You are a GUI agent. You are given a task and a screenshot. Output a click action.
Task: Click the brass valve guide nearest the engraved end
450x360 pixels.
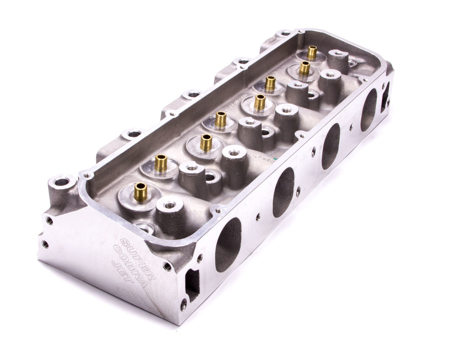click(x=140, y=192)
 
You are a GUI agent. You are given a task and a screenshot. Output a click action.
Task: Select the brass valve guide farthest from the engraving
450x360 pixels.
click(x=312, y=52)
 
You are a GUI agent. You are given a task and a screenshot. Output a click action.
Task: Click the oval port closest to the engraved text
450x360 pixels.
click(x=228, y=244)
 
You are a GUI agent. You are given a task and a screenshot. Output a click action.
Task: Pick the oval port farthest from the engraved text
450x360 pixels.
click(x=369, y=110)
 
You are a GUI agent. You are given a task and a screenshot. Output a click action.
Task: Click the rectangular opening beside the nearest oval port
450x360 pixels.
click(x=192, y=284)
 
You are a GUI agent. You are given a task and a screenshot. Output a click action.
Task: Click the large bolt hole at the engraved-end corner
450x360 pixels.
click(x=62, y=182)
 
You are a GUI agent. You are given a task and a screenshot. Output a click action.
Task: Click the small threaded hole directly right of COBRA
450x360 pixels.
click(x=167, y=266)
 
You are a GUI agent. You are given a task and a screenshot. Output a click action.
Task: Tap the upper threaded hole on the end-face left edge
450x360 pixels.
click(x=49, y=220)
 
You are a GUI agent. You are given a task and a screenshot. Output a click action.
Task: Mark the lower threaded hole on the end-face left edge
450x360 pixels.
click(x=45, y=244)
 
